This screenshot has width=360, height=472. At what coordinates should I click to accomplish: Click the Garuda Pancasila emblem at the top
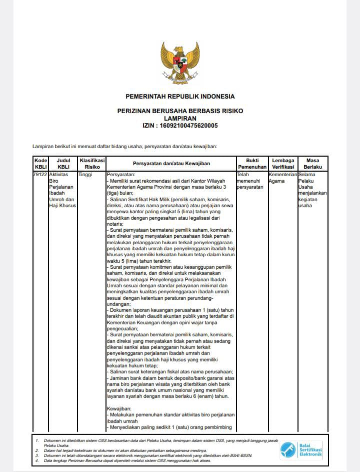(x=180, y=62)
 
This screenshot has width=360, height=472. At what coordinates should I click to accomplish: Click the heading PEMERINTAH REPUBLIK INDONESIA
(x=180, y=96)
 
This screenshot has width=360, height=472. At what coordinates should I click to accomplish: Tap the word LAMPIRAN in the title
(x=180, y=118)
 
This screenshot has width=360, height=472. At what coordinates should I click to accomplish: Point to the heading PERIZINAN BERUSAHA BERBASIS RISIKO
(x=180, y=111)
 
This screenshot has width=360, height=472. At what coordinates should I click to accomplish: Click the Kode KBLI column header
(x=40, y=163)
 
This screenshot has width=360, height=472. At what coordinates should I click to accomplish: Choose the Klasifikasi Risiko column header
(x=92, y=163)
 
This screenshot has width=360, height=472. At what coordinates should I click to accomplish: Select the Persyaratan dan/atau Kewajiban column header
(x=171, y=164)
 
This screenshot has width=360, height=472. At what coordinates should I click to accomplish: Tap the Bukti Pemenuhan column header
(x=252, y=163)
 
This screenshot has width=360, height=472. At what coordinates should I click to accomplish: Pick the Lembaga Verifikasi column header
(x=283, y=163)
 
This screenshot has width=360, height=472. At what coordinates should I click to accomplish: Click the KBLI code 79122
(x=40, y=174)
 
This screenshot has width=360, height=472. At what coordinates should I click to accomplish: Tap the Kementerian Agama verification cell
(x=282, y=177)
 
